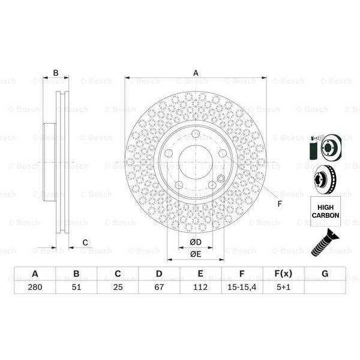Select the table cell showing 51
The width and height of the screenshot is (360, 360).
[x=76, y=287]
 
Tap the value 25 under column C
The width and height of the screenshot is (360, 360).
[x=118, y=287]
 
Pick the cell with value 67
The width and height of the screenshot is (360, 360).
[x=159, y=287]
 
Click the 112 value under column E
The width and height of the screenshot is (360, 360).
[x=200, y=287]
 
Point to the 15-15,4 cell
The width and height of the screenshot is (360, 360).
[x=242, y=287]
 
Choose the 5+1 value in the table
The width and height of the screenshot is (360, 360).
[x=283, y=287]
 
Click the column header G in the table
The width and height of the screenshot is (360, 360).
[x=325, y=274]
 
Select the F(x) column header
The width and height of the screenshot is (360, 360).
[x=283, y=274]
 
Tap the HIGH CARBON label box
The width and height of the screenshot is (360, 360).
[x=325, y=211]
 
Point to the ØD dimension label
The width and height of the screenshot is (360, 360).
[x=196, y=242]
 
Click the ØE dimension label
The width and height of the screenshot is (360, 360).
[x=196, y=254]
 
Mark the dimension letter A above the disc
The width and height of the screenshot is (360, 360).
[x=196, y=73]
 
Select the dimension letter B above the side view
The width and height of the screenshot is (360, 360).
[x=56, y=73]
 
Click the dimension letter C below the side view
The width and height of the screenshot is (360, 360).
[x=85, y=242]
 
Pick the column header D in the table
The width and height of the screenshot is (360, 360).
[x=159, y=274]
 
